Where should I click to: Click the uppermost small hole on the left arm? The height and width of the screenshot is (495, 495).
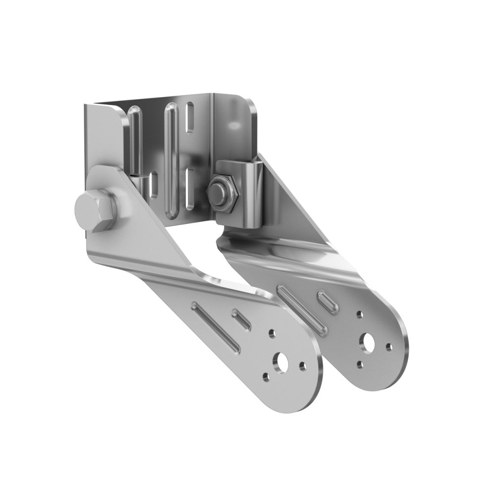coord(271,334)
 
